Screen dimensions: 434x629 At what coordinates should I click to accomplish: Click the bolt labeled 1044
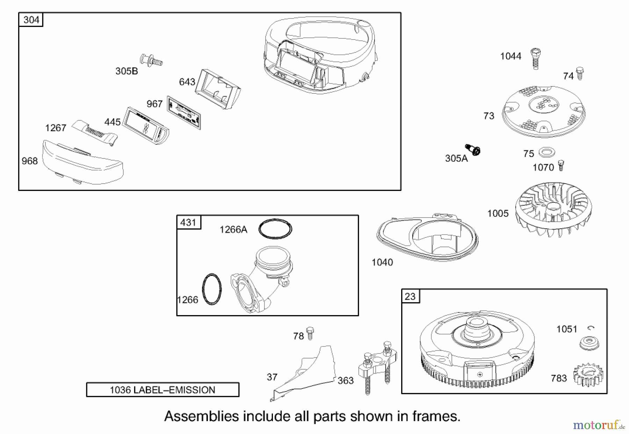click(535, 58)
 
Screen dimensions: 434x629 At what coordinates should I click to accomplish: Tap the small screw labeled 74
click(580, 73)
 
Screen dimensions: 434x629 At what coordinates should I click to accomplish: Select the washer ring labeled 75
click(547, 152)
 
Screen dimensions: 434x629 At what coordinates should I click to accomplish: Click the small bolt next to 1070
click(561, 165)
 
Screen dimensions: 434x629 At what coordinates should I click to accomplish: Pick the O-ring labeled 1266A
click(275, 229)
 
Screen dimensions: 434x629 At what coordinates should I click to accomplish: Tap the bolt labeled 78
click(310, 333)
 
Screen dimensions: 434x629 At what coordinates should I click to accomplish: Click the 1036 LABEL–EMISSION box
click(162, 390)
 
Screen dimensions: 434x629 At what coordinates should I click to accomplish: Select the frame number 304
click(31, 20)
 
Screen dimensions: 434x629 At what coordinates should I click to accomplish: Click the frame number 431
click(188, 222)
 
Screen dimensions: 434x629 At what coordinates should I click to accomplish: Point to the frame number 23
click(410, 297)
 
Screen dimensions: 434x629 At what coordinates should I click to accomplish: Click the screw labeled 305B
click(151, 61)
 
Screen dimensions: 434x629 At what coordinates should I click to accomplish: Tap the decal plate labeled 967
click(184, 113)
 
